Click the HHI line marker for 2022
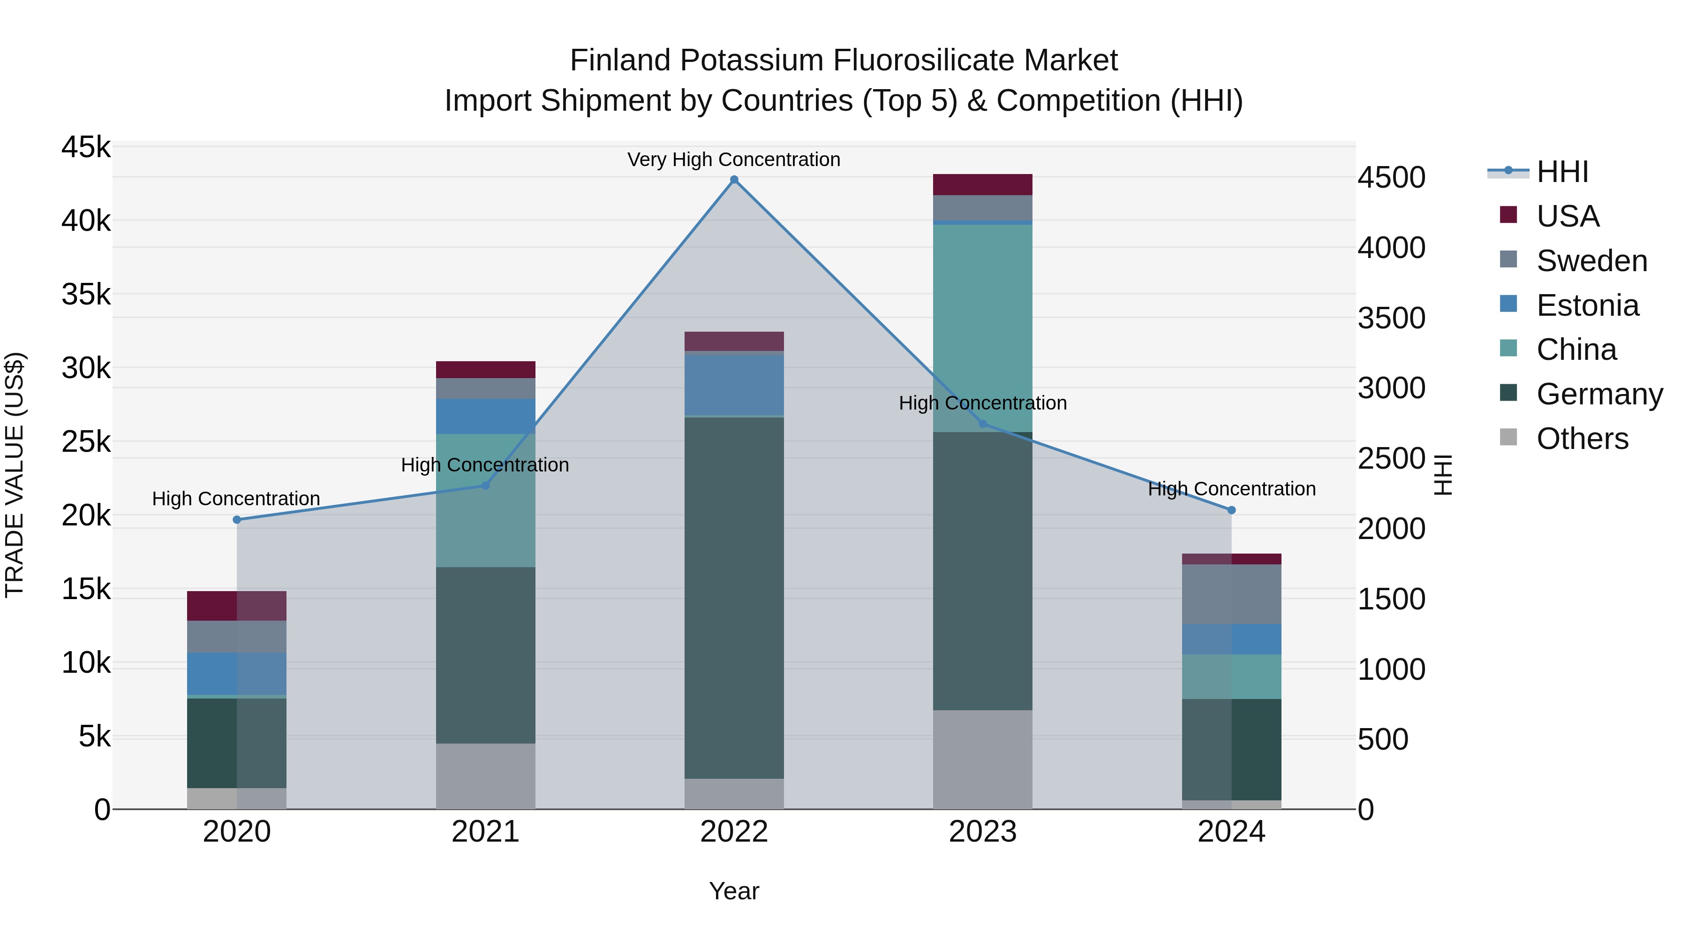coord(734,180)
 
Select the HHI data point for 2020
coord(237,520)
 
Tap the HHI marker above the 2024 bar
coord(1231,510)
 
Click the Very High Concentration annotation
coord(734,160)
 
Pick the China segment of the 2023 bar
coord(982,328)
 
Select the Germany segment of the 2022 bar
coord(734,597)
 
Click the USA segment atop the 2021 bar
coord(486,370)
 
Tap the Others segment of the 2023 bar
coord(982,759)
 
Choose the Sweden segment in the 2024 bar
coord(1231,594)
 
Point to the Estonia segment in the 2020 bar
coord(237,673)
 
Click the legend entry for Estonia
coord(1587,305)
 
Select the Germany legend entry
coord(1599,394)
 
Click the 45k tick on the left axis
coord(86,147)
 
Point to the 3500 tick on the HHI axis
coord(1391,318)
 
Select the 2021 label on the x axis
coord(486,832)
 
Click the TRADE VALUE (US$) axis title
coord(15,475)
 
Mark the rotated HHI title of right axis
coord(1444,475)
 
